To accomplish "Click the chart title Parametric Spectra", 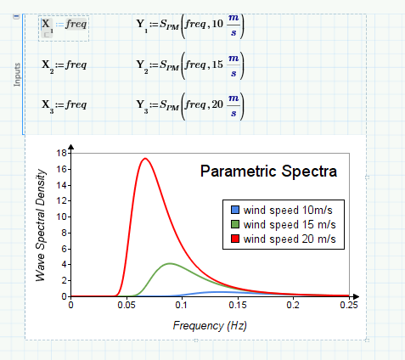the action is click(x=268, y=172).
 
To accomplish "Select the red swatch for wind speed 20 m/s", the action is click(x=235, y=239).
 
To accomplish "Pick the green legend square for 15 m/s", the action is click(x=235, y=224).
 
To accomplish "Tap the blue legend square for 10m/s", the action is click(x=235, y=210).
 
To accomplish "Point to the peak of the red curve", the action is click(x=145, y=158).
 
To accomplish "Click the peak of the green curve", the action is click(x=170, y=263).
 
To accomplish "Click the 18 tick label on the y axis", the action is click(x=61, y=153).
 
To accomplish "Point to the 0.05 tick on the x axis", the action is click(x=127, y=305).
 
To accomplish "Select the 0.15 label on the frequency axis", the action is click(x=238, y=305).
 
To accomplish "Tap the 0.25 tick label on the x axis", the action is click(x=349, y=305).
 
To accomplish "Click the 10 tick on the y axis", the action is click(x=61, y=217).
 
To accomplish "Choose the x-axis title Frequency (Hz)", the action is click(x=210, y=325).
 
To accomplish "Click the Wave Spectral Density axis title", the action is click(x=41, y=225).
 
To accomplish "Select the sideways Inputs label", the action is click(x=17, y=75).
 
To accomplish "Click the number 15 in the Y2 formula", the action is click(x=217, y=65).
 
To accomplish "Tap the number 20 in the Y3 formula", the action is click(x=217, y=104).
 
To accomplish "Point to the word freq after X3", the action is click(x=76, y=105).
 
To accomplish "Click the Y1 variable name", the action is click(x=142, y=25).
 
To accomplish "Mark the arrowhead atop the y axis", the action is click(x=71, y=147).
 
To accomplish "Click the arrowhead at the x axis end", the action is click(x=357, y=296).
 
